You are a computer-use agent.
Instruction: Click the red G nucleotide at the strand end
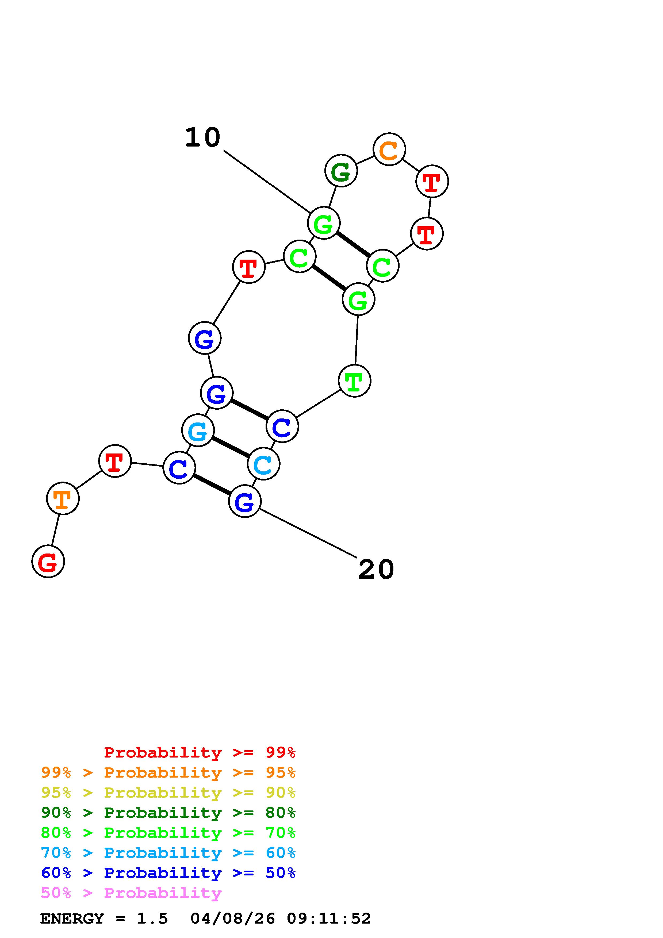48,561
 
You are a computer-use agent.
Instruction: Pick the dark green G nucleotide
341,171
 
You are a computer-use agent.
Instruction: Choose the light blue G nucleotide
198,430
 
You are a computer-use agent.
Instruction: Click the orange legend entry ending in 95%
168,772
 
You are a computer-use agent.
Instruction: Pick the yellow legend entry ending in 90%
168,793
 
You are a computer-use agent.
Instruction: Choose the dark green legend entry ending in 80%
168,813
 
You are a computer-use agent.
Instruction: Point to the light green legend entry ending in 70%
168,833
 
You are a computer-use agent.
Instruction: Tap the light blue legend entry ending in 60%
168,853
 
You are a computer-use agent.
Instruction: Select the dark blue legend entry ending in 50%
168,873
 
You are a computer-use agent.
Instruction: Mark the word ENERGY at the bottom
72,919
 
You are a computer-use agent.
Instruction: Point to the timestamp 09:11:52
329,919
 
